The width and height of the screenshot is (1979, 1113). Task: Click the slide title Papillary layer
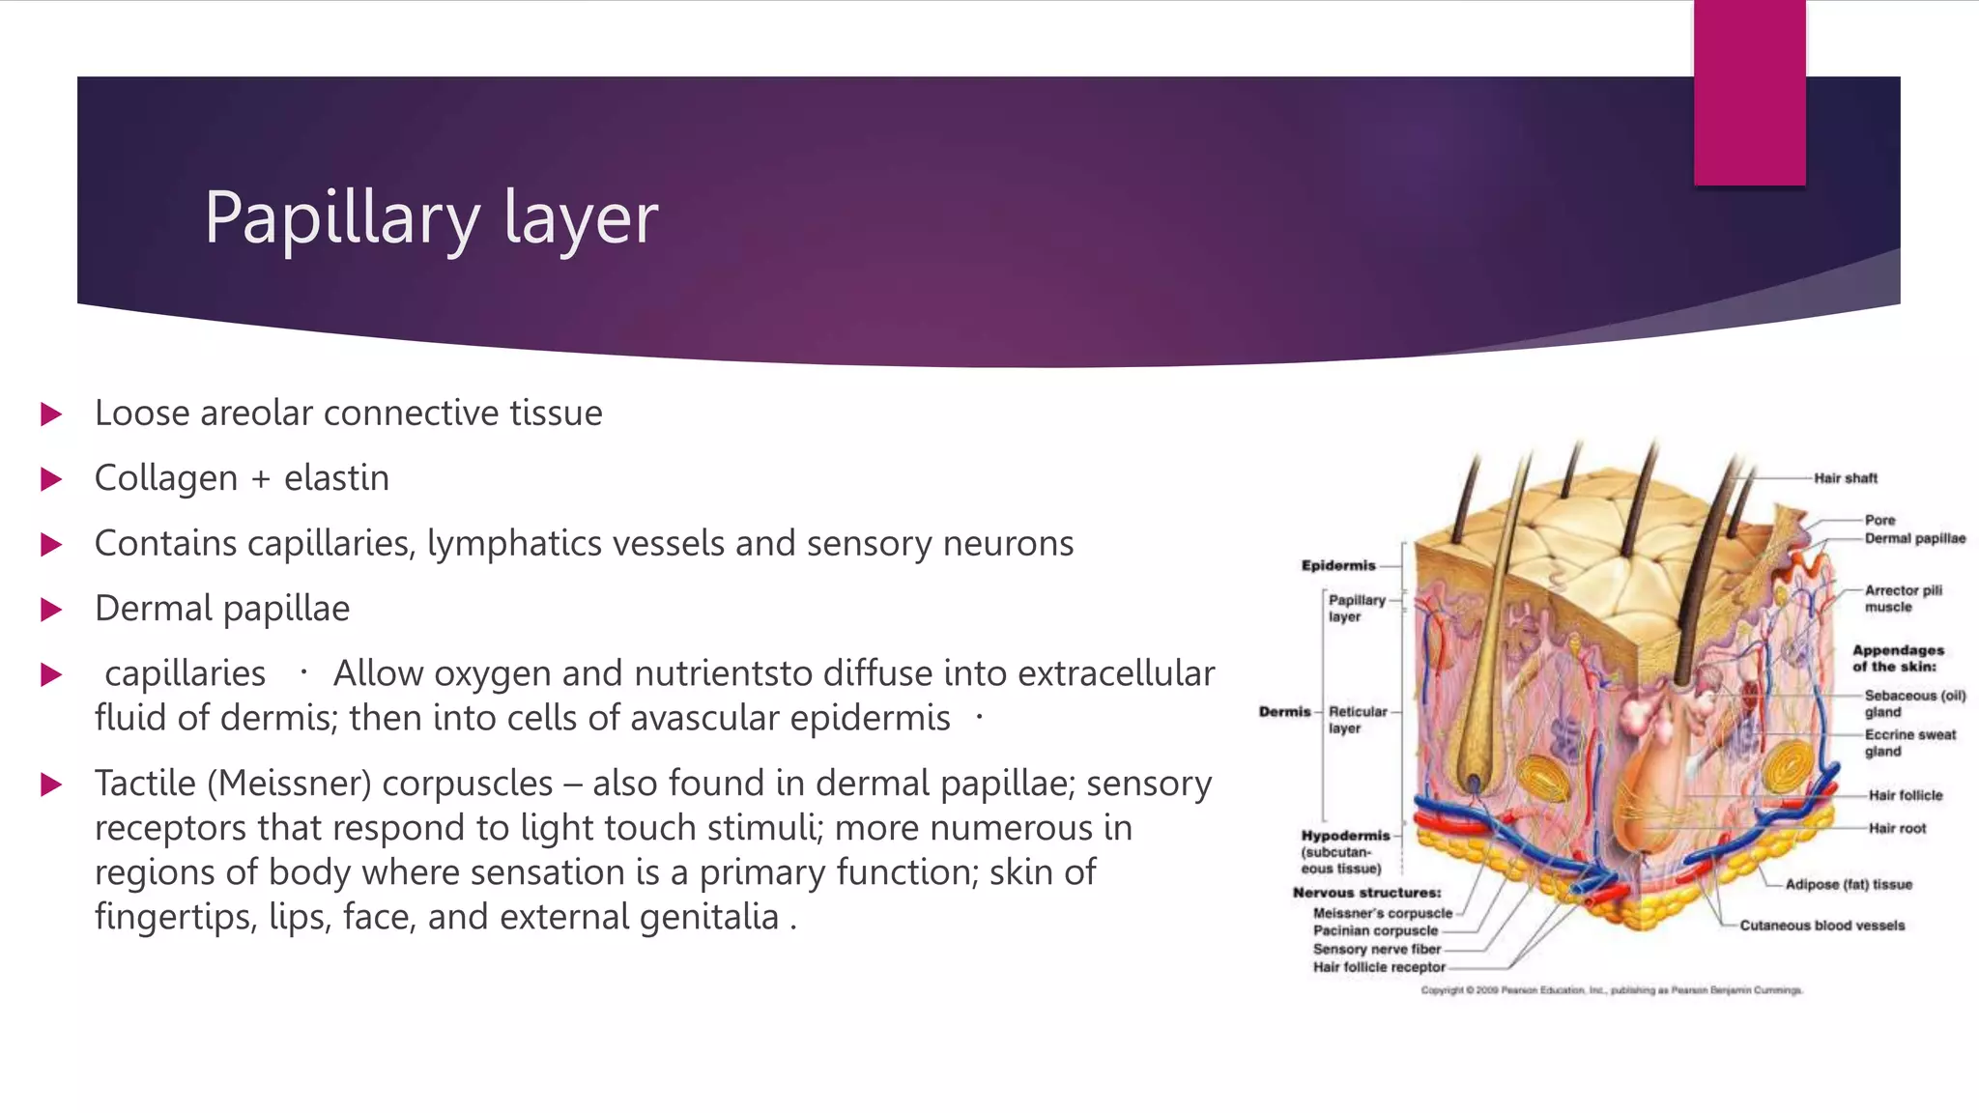431,218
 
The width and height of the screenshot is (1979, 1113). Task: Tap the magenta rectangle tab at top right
1749,93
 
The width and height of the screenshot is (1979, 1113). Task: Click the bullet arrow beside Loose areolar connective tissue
51,414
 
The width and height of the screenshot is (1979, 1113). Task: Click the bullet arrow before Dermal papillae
51,610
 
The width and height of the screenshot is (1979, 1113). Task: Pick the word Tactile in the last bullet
145,783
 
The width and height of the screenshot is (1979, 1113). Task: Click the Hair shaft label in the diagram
1845,478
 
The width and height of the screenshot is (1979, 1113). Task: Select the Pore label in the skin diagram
1879,520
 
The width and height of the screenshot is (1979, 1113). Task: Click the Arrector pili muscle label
1902,598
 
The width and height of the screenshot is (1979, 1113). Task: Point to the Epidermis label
1337,565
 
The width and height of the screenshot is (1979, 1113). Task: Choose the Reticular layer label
1357,719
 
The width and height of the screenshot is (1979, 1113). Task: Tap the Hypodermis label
1345,836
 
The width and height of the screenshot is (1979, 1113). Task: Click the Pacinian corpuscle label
1375,930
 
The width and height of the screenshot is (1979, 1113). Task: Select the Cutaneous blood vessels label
1821,926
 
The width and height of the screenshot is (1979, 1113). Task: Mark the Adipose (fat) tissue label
1848,884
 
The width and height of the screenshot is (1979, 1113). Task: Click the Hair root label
1897,828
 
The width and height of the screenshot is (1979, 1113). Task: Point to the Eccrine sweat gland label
1909,742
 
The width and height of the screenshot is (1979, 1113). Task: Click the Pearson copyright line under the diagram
1611,990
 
